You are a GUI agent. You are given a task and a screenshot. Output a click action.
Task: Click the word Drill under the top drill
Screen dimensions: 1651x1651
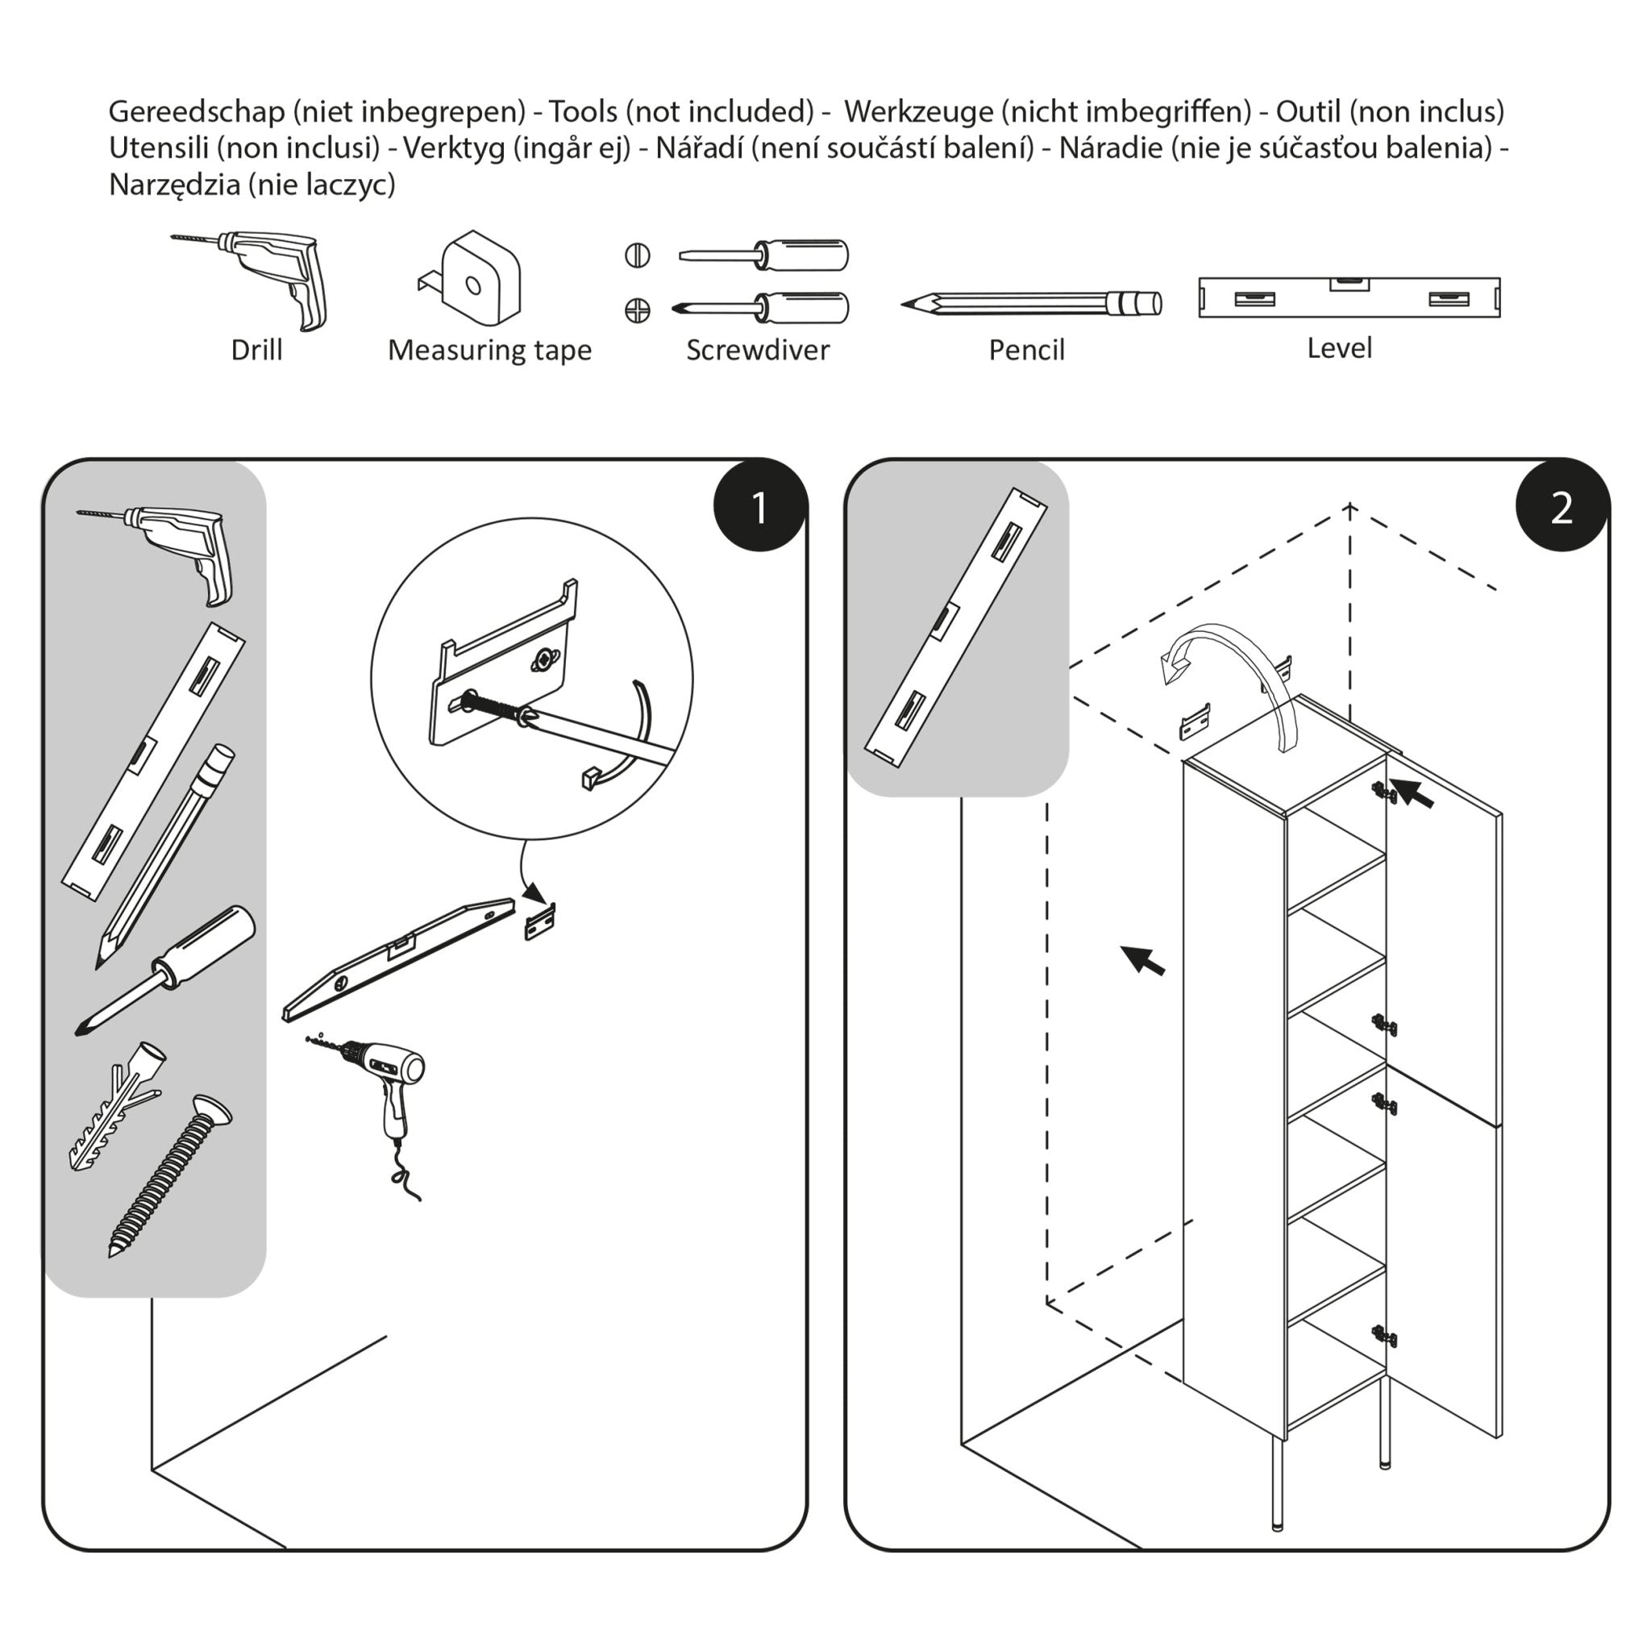point(256,350)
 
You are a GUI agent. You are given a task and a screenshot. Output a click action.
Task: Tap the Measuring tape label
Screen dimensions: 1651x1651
point(489,350)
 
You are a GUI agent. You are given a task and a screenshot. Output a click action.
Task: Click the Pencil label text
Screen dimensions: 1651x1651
point(1025,350)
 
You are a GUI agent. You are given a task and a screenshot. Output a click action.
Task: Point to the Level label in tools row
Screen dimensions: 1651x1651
point(1338,347)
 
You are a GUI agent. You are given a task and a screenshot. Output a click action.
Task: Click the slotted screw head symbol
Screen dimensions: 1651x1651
point(637,256)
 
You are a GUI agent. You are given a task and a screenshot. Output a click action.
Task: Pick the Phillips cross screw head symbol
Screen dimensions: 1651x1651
point(637,310)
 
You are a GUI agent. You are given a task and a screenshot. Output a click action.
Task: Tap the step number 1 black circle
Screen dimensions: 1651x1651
point(759,507)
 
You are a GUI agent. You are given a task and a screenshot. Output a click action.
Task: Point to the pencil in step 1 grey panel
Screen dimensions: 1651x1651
point(167,855)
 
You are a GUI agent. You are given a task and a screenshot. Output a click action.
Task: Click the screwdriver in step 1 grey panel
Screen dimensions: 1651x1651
point(167,970)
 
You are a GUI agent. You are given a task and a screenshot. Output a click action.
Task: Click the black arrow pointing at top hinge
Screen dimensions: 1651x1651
point(1412,793)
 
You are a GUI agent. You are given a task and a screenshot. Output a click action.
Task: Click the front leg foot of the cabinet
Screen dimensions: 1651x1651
point(1278,1523)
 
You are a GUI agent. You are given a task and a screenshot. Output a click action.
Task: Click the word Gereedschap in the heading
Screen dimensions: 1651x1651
point(197,111)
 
